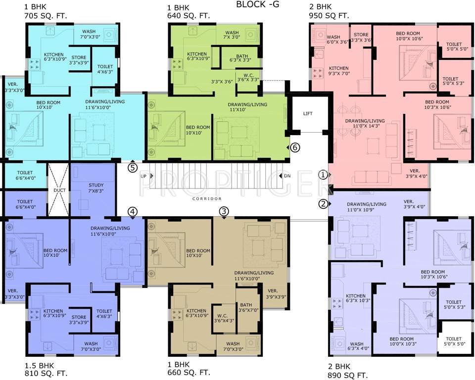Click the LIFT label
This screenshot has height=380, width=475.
308,114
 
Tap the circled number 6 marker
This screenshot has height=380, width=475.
295,147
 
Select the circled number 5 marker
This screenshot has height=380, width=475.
132,167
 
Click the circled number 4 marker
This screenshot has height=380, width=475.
132,211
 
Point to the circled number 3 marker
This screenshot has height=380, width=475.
224,211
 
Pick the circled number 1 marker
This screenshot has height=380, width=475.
323,175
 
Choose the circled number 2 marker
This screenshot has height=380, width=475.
323,203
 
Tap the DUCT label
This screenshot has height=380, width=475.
59,190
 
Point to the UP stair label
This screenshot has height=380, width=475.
143,176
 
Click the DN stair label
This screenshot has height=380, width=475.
287,176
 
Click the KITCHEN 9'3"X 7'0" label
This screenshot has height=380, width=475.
339,71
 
